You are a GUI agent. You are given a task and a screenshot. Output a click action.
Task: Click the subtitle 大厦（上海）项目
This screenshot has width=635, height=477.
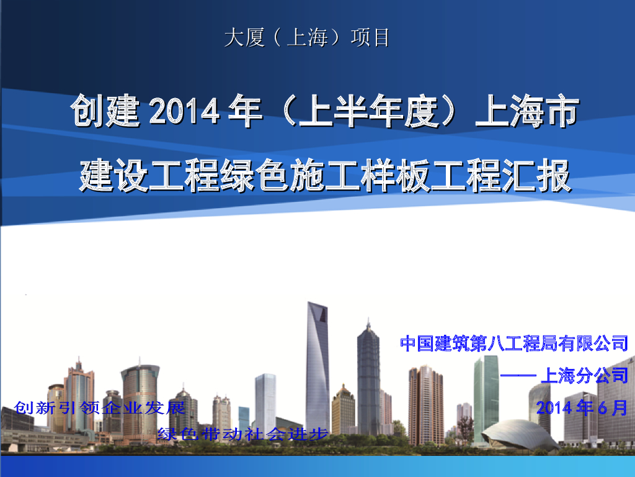click(x=307, y=38)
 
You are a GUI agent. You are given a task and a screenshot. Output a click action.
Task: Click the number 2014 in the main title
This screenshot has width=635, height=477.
click(x=184, y=112)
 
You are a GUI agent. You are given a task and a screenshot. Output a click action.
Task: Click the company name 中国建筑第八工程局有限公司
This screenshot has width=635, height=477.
click(x=514, y=343)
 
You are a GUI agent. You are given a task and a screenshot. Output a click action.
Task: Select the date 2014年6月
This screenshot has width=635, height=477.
click(x=582, y=407)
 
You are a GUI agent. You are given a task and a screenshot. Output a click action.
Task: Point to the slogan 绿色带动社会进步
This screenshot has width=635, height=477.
click(x=242, y=434)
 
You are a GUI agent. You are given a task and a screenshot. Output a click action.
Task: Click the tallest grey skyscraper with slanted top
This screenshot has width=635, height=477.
click(x=317, y=366)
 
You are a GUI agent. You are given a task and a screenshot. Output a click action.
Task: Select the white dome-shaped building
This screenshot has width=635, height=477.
click(x=520, y=434)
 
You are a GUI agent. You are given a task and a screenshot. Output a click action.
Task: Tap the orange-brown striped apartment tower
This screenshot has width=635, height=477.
click(x=425, y=404)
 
